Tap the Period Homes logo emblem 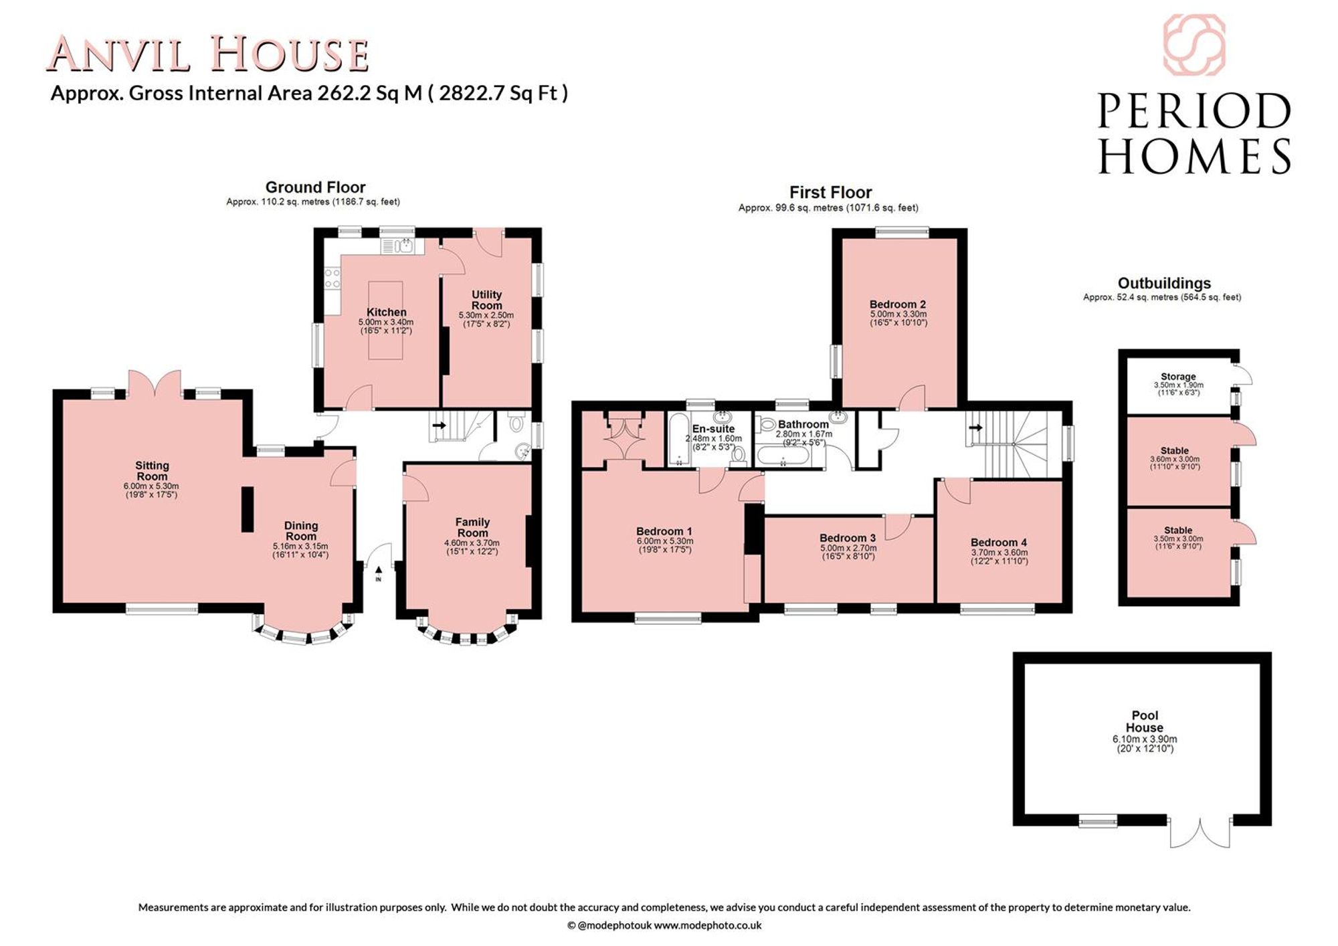1194,45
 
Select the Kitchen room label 386,312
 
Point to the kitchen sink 403,246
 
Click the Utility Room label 486,300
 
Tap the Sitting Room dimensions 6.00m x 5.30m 151,486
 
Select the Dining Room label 301,531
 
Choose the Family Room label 472,527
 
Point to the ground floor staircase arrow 439,425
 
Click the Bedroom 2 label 898,304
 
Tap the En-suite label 713,429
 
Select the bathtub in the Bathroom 783,456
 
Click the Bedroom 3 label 848,538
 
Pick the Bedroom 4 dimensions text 999,557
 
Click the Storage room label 1178,377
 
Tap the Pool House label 1145,721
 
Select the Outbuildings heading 1164,284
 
